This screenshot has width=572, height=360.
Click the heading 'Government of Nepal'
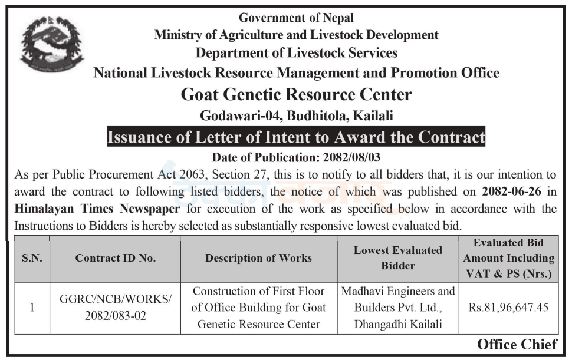[x=296, y=18]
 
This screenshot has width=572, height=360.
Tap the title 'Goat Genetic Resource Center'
[x=296, y=94]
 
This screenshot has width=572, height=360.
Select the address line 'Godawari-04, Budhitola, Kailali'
[x=296, y=115]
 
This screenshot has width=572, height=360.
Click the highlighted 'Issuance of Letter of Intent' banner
[x=296, y=137]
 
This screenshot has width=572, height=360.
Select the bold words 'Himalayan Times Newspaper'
[x=97, y=209]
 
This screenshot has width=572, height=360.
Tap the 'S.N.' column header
[x=32, y=258]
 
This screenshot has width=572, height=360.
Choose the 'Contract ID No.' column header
[x=115, y=258]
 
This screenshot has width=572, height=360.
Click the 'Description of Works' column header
[x=258, y=258]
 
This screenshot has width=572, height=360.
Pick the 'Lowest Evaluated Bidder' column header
[x=397, y=258]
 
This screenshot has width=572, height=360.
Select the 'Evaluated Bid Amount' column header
[x=508, y=258]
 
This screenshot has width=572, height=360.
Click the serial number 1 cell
[x=32, y=307]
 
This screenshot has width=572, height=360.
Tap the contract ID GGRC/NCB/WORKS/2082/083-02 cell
[x=115, y=307]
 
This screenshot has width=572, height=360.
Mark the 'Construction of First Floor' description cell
[x=258, y=307]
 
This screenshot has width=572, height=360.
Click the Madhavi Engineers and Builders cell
[x=397, y=307]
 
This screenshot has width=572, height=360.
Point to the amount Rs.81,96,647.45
[x=508, y=307]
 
